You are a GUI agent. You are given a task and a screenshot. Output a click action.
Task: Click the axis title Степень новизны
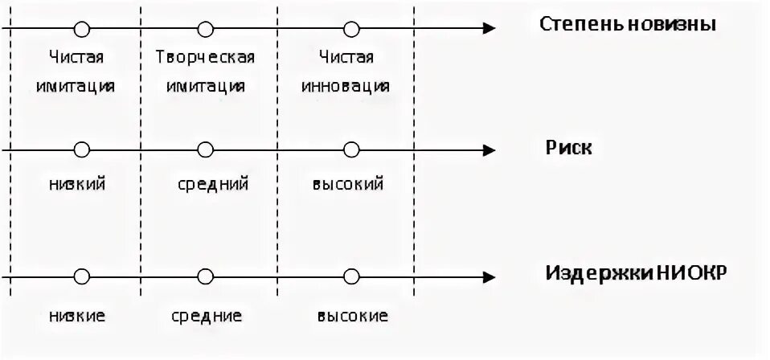(x=627, y=23)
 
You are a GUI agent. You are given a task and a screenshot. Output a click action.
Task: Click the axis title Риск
(x=570, y=148)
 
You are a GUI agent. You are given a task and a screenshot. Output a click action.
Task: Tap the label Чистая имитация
(x=76, y=72)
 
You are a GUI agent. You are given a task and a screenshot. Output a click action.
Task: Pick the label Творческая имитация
(x=206, y=72)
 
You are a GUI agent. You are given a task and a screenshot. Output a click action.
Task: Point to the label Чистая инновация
(x=346, y=72)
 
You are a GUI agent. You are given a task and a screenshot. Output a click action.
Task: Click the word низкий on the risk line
(x=76, y=184)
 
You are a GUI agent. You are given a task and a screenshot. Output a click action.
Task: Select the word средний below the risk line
(x=213, y=184)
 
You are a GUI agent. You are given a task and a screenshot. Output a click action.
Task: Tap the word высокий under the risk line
(x=347, y=184)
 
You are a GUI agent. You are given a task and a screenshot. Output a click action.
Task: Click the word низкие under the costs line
(x=76, y=315)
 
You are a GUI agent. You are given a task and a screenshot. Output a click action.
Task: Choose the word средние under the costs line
(x=207, y=315)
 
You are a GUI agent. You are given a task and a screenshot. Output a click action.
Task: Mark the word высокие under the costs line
(x=352, y=315)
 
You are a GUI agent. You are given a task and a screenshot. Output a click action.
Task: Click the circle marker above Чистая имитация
(x=80, y=30)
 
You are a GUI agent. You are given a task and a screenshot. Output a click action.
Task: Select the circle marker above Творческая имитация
(x=206, y=30)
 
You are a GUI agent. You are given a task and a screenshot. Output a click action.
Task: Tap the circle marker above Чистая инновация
(x=350, y=30)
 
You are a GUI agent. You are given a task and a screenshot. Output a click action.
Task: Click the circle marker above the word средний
(x=206, y=150)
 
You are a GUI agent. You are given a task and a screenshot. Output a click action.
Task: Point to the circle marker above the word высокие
(x=350, y=276)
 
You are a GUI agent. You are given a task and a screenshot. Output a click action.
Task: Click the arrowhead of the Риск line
(x=487, y=150)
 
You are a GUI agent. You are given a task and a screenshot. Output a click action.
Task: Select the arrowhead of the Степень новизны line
(x=487, y=30)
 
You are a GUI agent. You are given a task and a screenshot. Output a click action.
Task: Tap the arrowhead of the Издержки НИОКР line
(x=487, y=276)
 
